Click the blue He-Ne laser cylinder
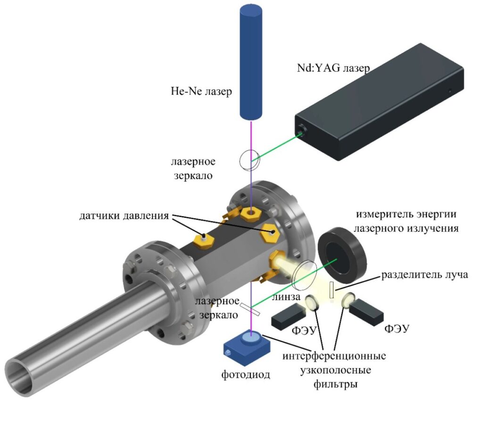click(x=251, y=62)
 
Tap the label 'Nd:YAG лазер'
click(x=333, y=68)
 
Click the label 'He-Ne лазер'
click(x=201, y=91)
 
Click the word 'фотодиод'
click(x=245, y=375)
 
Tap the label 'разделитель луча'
click(x=425, y=275)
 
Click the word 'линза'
click(x=286, y=297)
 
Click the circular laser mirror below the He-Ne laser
click(x=250, y=160)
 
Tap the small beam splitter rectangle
click(x=332, y=290)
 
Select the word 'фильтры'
click(x=335, y=385)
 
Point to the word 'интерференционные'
click(x=334, y=356)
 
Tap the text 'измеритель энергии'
click(x=406, y=214)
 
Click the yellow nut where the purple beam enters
click(x=251, y=213)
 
